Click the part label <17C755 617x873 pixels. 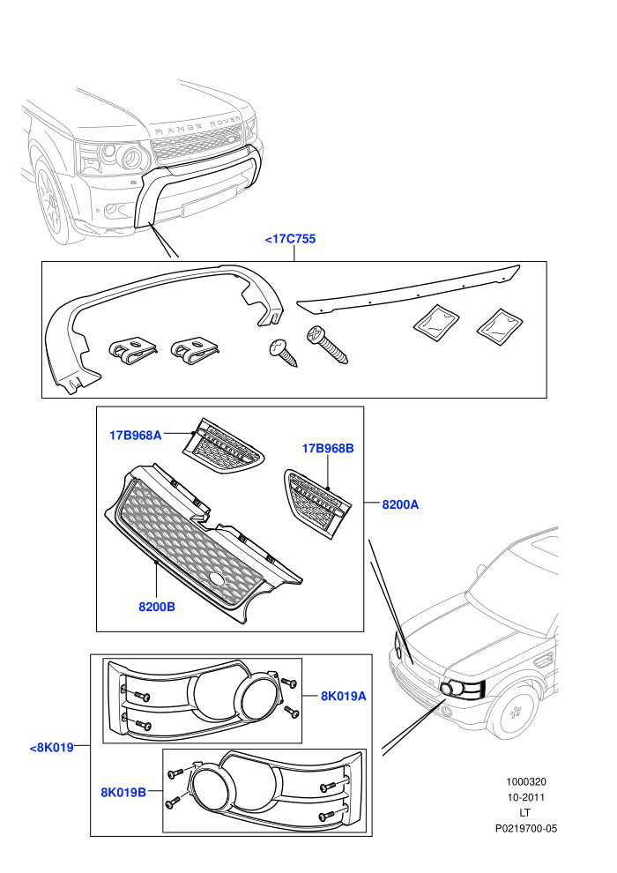pos(290,239)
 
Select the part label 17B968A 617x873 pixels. pos(135,435)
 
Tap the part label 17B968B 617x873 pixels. pos(328,448)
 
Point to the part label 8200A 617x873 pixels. pos(400,504)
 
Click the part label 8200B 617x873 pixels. pos(157,607)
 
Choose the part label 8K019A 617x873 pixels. pos(343,696)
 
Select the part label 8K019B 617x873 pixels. pos(123,792)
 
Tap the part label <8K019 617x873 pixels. pos(51,747)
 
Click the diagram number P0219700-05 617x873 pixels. pos(525,828)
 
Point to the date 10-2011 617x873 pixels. pos(525,797)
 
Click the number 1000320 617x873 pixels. pos(525,781)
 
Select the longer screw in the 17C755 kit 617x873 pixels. pos(327,345)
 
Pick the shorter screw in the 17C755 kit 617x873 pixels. pos(283,353)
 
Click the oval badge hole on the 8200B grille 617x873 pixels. pos(218,579)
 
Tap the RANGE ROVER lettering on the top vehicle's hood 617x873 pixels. pos(197,126)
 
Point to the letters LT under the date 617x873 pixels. pos(525,813)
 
